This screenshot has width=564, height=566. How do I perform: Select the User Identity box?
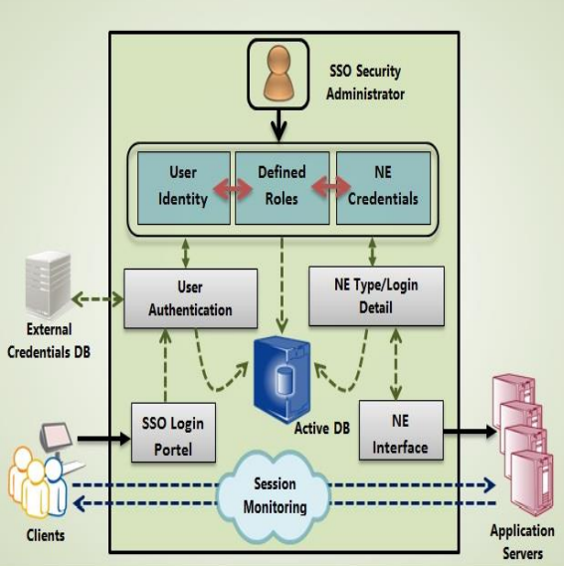pos(183,185)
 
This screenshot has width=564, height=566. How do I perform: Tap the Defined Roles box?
pos(283,185)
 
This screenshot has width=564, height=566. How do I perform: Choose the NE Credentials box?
pos(383,185)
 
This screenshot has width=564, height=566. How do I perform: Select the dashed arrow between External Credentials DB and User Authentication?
pos(98,296)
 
